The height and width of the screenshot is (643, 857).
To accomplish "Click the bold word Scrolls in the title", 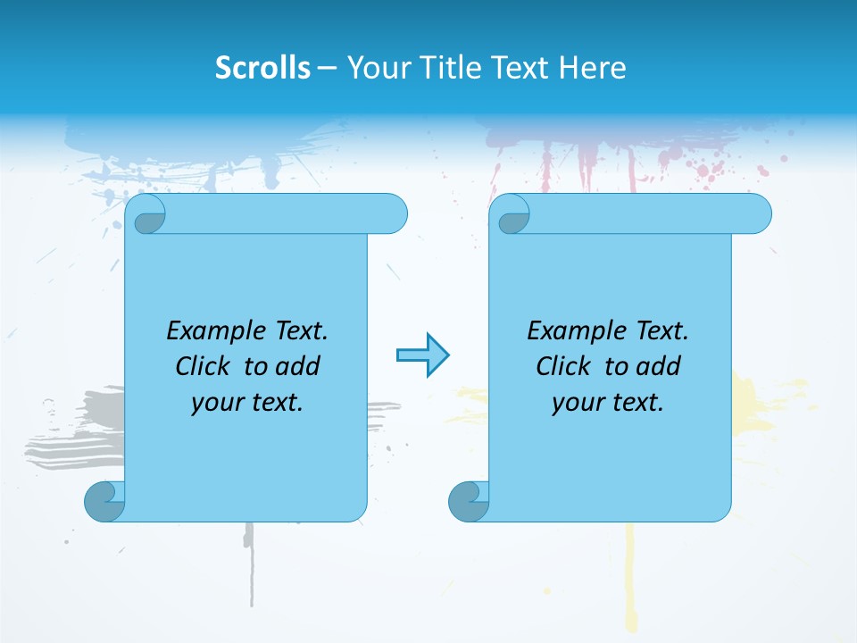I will click(263, 68).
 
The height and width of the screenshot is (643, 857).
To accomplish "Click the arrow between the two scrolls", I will click(422, 355).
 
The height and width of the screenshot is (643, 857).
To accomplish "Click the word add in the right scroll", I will click(660, 366).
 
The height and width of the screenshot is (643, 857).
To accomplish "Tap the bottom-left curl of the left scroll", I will click(104, 501).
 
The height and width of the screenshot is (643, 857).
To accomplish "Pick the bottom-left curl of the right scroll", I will click(468, 501).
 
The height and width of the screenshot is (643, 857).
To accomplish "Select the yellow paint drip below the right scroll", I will click(630, 572).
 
